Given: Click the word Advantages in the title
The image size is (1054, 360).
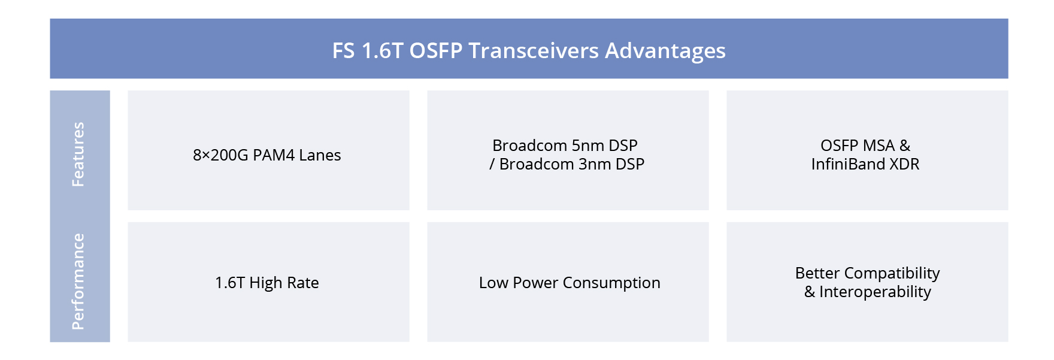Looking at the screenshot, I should pyautogui.click(x=665, y=51).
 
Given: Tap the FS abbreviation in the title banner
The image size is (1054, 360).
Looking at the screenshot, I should pyautogui.click(x=343, y=51).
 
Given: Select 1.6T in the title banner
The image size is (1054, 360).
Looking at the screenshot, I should pyautogui.click(x=382, y=51).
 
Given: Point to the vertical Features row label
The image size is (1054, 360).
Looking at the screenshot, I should pyautogui.click(x=78, y=155).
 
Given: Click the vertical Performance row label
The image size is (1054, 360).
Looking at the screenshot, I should pyautogui.click(x=78, y=282).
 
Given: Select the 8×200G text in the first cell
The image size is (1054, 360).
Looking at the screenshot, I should pyautogui.click(x=220, y=155).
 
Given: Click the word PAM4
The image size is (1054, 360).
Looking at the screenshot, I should pyautogui.click(x=274, y=155).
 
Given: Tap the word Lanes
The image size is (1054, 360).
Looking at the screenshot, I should pyautogui.click(x=320, y=155).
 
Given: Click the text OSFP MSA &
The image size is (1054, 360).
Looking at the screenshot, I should pyautogui.click(x=865, y=146).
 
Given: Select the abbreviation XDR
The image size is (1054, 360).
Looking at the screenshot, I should pyautogui.click(x=904, y=164).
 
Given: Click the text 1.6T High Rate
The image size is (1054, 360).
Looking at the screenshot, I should pyautogui.click(x=266, y=283).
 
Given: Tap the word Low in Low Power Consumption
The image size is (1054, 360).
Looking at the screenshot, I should pyautogui.click(x=493, y=283).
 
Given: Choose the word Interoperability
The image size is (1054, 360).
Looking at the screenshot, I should pyautogui.click(x=875, y=292).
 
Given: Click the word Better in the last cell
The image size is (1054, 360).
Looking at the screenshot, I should pyautogui.click(x=817, y=273).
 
